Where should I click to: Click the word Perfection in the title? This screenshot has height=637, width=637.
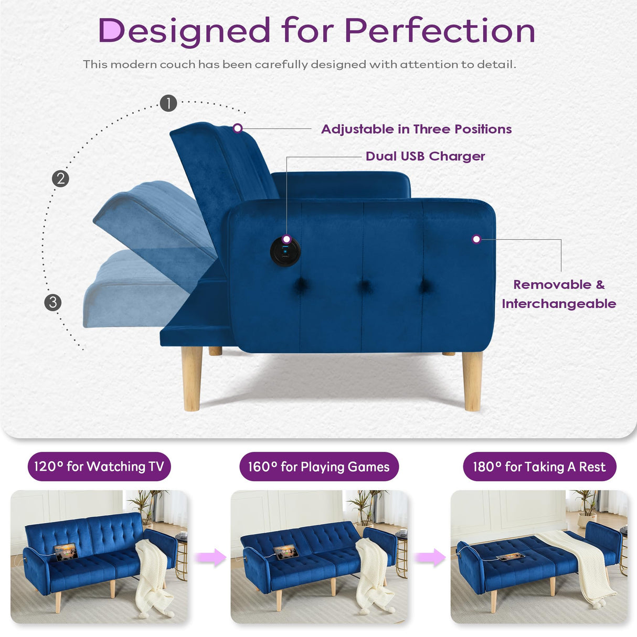(x=440, y=30)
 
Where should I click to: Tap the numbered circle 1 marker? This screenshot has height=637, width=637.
(x=168, y=103)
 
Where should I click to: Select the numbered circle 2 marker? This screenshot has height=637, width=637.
(x=60, y=179)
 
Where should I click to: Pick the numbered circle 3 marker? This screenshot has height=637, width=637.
(x=52, y=302)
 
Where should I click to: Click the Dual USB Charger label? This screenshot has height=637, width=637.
(x=425, y=156)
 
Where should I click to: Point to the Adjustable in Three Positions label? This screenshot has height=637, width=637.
(x=416, y=129)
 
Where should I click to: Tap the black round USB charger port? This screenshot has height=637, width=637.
(x=285, y=251)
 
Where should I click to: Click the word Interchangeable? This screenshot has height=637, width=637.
(x=559, y=304)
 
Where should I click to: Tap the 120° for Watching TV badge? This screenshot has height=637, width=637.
(x=99, y=466)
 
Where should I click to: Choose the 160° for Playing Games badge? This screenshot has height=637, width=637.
(x=318, y=466)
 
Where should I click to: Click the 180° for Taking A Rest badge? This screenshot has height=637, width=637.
(x=539, y=466)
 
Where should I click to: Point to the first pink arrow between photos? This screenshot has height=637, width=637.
(x=211, y=557)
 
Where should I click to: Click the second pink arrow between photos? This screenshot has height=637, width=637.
(x=431, y=557)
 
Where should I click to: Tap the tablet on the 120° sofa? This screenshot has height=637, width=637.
(x=67, y=551)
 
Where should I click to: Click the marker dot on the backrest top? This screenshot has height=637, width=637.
(x=238, y=128)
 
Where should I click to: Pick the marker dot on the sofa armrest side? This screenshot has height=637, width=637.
(x=476, y=239)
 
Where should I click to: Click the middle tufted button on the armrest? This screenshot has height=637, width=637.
(x=364, y=286)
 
